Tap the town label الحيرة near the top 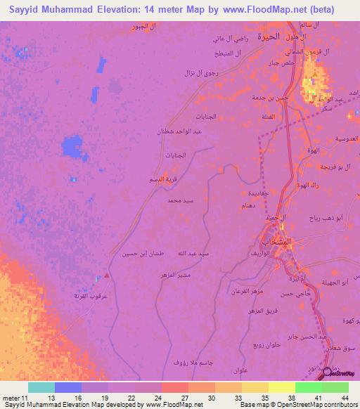268,35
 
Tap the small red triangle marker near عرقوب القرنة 106,275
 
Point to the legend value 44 344,398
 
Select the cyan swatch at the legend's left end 41,387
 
